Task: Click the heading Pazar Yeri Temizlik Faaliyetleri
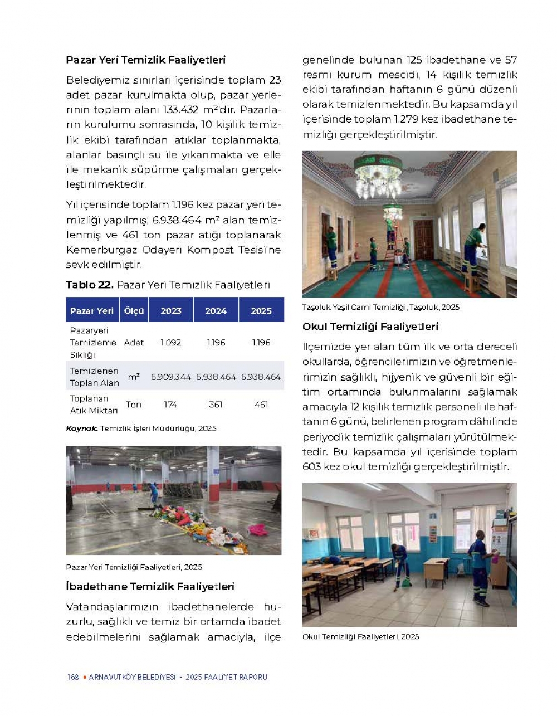click(x=145, y=60)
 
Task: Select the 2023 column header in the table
click(x=171, y=311)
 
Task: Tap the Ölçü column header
click(x=134, y=311)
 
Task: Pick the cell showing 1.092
click(x=170, y=343)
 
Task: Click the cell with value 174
click(x=170, y=405)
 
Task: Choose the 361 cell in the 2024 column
click(x=216, y=405)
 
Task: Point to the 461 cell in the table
click(x=261, y=405)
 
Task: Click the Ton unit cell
click(x=133, y=405)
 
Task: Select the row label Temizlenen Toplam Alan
click(x=94, y=377)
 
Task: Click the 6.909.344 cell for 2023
click(x=171, y=377)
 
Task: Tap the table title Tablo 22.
click(x=89, y=285)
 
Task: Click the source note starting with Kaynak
click(x=141, y=428)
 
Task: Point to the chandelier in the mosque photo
click(x=378, y=174)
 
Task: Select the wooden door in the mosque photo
click(x=424, y=239)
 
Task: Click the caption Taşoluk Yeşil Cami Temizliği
click(x=380, y=307)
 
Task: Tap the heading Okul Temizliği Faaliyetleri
click(x=370, y=327)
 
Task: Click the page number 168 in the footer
click(x=73, y=677)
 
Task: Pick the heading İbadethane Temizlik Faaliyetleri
click(x=150, y=587)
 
